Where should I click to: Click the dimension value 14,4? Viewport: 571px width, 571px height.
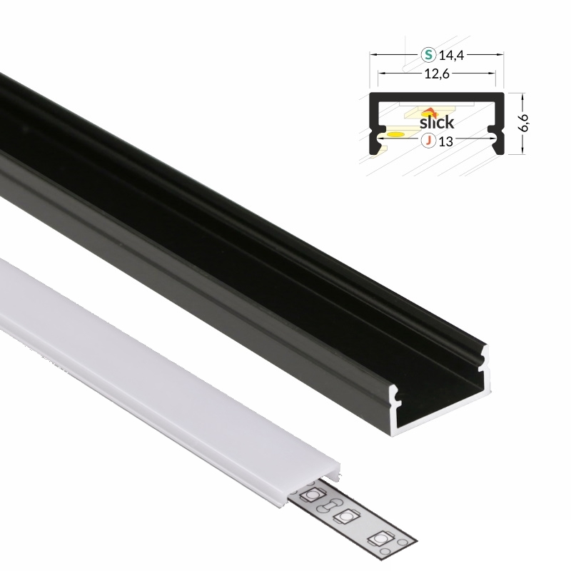[x=451, y=56]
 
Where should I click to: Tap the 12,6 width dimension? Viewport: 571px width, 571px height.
[x=437, y=74]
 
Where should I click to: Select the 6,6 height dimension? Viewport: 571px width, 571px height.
[x=523, y=123]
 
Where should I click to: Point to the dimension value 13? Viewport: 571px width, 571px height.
[x=445, y=141]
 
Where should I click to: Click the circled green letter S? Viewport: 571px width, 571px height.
[x=429, y=55]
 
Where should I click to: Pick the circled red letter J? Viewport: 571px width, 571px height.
[x=429, y=141]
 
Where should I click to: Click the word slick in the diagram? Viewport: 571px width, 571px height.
[x=437, y=122]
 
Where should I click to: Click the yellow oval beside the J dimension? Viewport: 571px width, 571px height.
[x=395, y=135]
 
